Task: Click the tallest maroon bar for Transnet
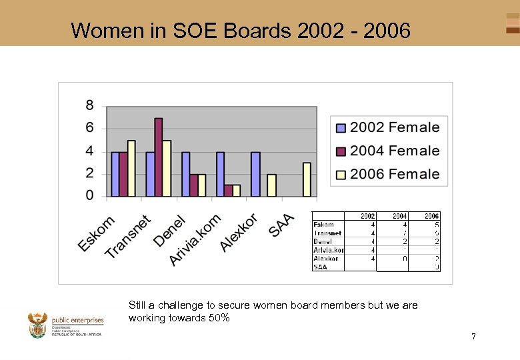point(159,157)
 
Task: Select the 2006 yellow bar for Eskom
point(131,169)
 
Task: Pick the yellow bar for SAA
point(307,179)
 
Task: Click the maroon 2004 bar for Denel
point(193,185)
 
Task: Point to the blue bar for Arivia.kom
point(220,174)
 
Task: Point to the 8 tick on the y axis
point(89,105)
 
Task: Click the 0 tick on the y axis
point(89,196)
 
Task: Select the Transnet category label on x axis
point(129,237)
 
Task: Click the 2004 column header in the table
point(399,216)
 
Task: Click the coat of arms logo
point(38,325)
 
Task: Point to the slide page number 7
point(473,336)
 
